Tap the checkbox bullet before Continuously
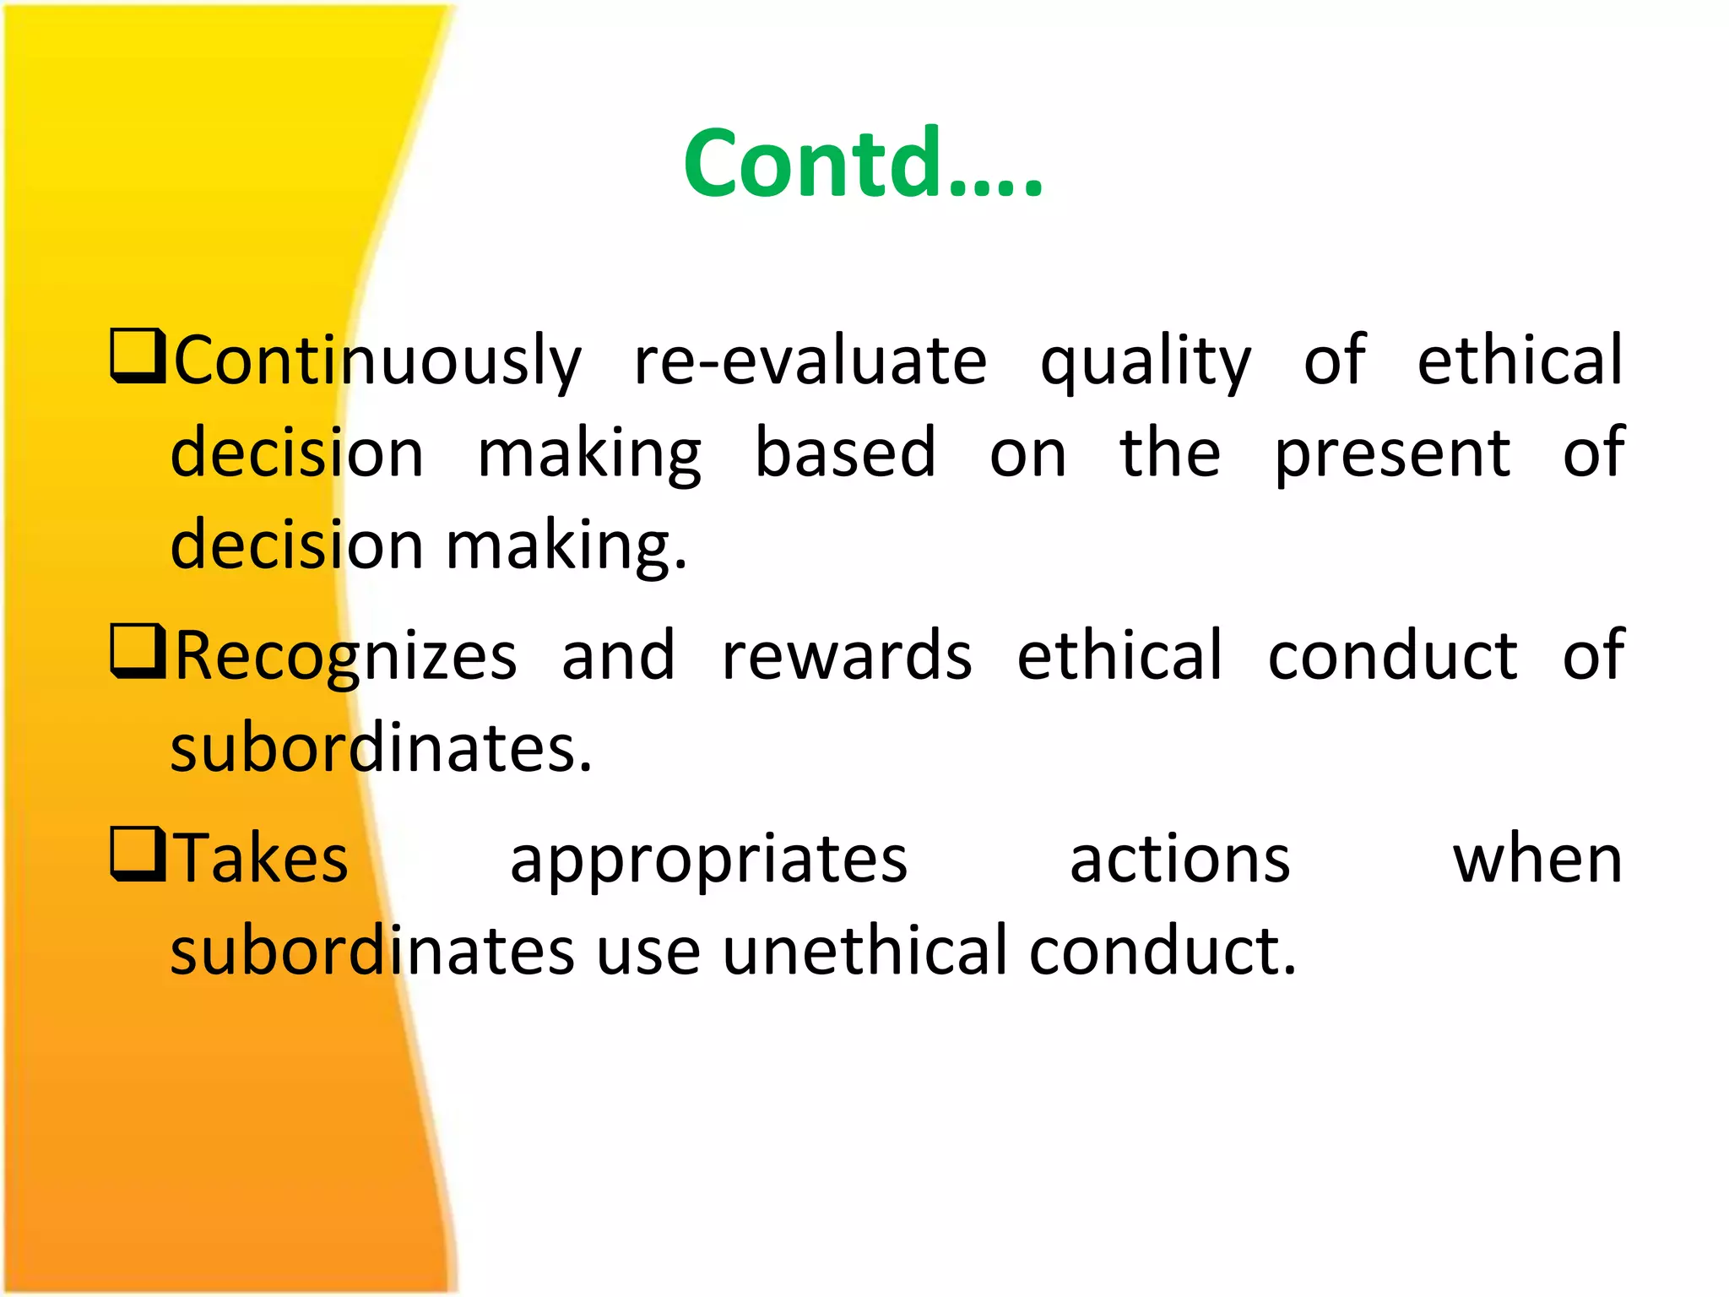(138, 357)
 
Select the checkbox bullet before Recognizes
(138, 652)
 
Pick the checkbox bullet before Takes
(138, 855)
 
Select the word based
(845, 453)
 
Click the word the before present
(1169, 453)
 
